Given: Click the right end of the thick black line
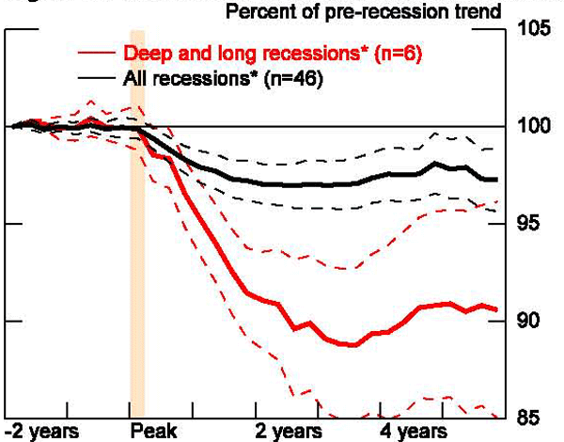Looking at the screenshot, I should (x=496, y=179).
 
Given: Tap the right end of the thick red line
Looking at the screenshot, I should (x=496, y=309).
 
